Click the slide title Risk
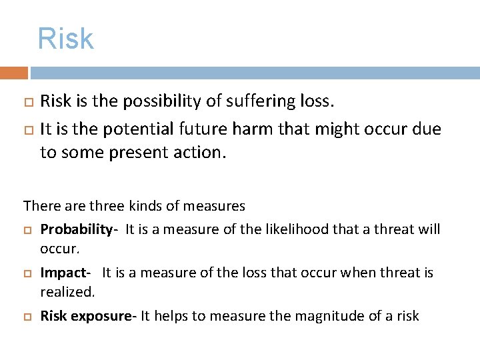(65, 39)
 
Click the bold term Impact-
(65, 273)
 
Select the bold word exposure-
(104, 316)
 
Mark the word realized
(67, 292)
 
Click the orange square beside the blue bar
(13, 73)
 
